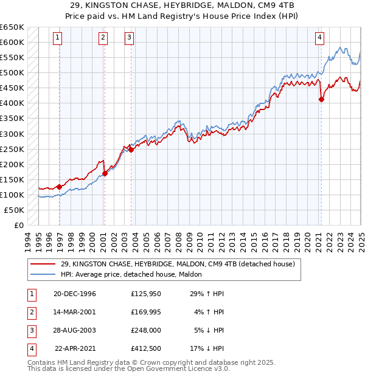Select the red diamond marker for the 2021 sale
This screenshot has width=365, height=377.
point(321,99)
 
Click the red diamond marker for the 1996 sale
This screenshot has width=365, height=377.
point(60,187)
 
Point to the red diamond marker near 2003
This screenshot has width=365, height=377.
point(131,150)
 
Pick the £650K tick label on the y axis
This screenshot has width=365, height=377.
point(12,27)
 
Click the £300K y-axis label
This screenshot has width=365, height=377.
point(12,134)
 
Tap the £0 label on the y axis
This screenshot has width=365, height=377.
point(19,225)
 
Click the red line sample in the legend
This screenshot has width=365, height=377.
point(43,264)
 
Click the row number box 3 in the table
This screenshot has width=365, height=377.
point(30,330)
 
